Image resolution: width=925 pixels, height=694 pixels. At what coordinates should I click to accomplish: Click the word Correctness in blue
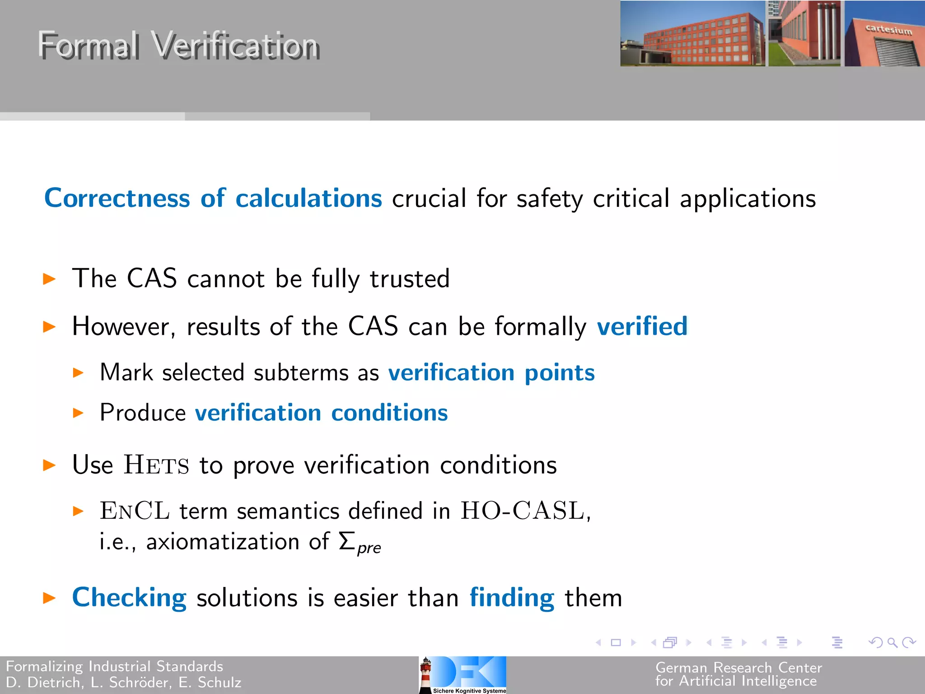(117, 198)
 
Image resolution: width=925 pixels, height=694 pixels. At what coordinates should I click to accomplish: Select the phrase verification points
(491, 373)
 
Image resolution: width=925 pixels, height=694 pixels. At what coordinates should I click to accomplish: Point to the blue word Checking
(129, 597)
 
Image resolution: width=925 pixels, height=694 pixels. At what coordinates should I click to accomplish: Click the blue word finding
(512, 597)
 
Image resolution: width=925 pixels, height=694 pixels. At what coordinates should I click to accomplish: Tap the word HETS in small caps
(156, 465)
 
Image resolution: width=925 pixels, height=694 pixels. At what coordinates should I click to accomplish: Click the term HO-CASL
(523, 511)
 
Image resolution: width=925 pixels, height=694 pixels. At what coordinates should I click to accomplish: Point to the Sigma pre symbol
(360, 542)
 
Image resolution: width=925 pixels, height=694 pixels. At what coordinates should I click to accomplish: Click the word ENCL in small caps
(135, 511)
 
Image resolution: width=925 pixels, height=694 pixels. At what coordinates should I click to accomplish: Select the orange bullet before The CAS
(49, 279)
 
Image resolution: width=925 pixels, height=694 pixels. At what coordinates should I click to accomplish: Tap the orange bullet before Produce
(78, 413)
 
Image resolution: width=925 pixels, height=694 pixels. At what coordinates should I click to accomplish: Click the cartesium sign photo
(884, 34)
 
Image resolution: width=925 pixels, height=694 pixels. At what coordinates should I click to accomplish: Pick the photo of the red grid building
(692, 34)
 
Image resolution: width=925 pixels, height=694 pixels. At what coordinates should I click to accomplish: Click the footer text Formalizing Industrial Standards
(115, 666)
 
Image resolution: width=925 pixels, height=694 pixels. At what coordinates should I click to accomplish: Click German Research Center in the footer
(738, 667)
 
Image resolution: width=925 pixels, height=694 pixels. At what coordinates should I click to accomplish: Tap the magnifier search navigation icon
(892, 642)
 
